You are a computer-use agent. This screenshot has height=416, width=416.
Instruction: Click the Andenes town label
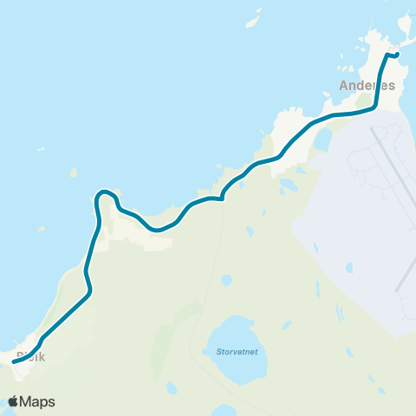[367, 86]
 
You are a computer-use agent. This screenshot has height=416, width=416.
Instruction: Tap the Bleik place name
[29, 357]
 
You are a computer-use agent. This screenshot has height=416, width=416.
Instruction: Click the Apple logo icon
[14, 401]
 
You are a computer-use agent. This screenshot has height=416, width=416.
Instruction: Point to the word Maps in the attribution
[38, 401]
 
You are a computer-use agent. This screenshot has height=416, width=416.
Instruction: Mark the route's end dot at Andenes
[396, 55]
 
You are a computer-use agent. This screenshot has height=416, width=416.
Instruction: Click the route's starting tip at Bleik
[15, 362]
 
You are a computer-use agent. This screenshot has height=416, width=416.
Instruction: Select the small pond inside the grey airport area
[349, 268]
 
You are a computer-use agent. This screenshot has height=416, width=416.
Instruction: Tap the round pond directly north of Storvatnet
[226, 281]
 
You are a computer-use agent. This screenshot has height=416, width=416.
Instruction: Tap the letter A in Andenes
[344, 86]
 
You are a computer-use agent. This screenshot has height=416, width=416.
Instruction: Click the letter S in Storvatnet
[208, 352]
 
